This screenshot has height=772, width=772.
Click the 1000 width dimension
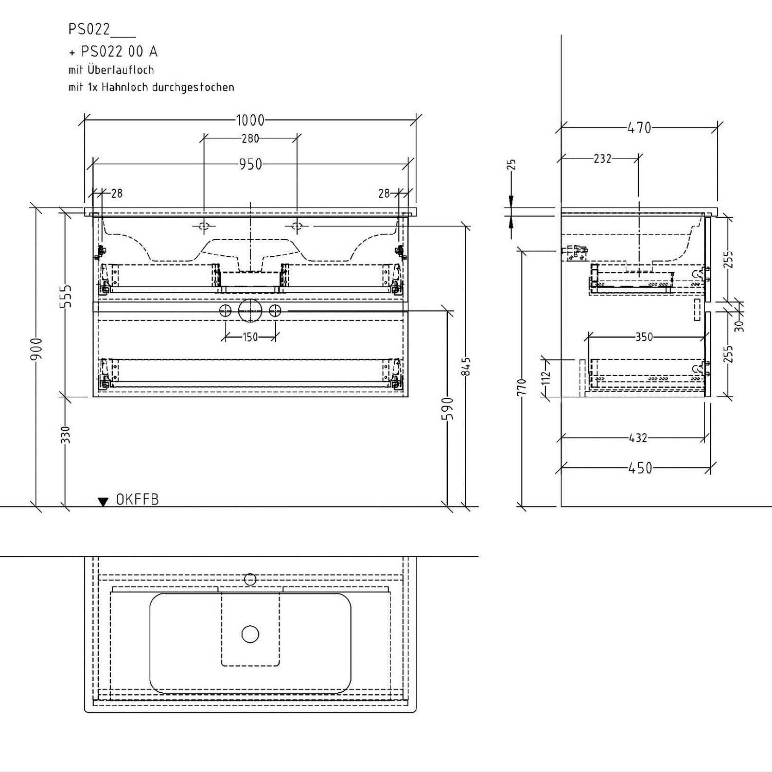pos(250,120)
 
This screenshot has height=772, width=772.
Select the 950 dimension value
pos(251,164)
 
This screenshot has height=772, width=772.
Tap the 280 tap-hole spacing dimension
pos(250,138)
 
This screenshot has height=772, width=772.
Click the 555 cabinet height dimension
pos(66,296)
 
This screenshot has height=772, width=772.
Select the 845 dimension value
pos(467,366)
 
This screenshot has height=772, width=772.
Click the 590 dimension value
pos(449,408)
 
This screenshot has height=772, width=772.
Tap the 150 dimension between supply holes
pos(250,337)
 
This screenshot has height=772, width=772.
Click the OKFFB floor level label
pos(137,499)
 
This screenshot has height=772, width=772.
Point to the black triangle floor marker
pos(103,501)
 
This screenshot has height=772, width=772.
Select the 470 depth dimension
pos(639,127)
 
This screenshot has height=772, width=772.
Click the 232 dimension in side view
pos(602,159)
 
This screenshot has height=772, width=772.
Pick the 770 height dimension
pos(522,387)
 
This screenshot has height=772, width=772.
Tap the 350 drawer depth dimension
pos(644,337)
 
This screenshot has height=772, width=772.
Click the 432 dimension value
pos(638,438)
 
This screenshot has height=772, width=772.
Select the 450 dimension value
pos(640,468)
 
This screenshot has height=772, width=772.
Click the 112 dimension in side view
pos(547,377)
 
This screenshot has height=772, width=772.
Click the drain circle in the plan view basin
pos(250,634)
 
